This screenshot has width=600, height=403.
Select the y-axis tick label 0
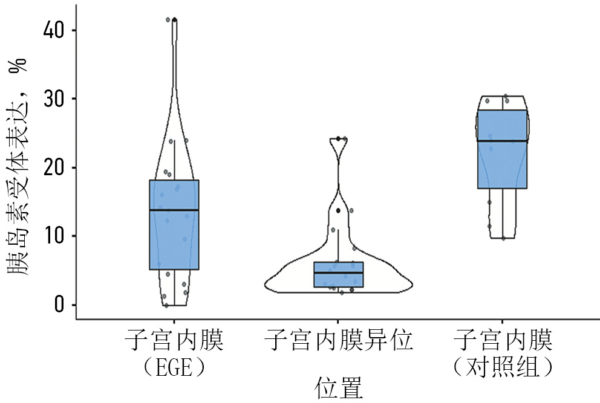[x=59, y=305]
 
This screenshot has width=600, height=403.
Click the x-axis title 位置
[x=338, y=388]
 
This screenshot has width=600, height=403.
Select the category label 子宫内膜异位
[x=338, y=341]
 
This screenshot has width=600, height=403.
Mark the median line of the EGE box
[x=174, y=210]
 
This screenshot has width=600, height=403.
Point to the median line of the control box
[x=503, y=141]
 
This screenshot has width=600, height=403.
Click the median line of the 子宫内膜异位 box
[x=338, y=273]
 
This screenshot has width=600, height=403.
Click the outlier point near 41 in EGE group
[x=175, y=20]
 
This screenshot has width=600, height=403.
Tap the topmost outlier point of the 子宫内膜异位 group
[x=338, y=139]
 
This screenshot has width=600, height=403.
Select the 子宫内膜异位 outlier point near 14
[x=338, y=210]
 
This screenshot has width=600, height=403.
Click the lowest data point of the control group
[x=503, y=238]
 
